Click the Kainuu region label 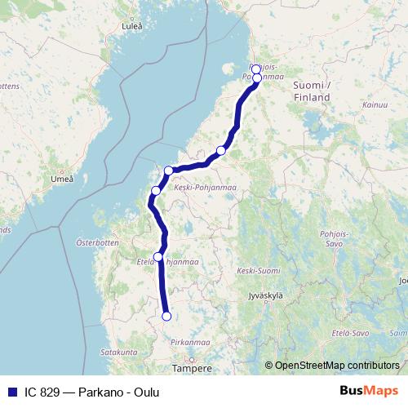pyautogui.click(x=376, y=105)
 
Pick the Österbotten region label pyautogui.click(x=98, y=243)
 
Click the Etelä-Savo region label pyautogui.click(x=350, y=333)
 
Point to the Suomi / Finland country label pyautogui.click(x=311, y=91)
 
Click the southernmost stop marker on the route pyautogui.click(x=166, y=317)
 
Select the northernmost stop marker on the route pyautogui.click(x=256, y=69)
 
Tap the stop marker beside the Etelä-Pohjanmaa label pyautogui.click(x=158, y=256)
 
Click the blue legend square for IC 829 pyautogui.click(x=10, y=392)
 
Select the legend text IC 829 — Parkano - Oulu pyautogui.click(x=91, y=392)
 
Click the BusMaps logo pyautogui.click(x=368, y=392)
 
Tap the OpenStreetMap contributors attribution pyautogui.click(x=337, y=366)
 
